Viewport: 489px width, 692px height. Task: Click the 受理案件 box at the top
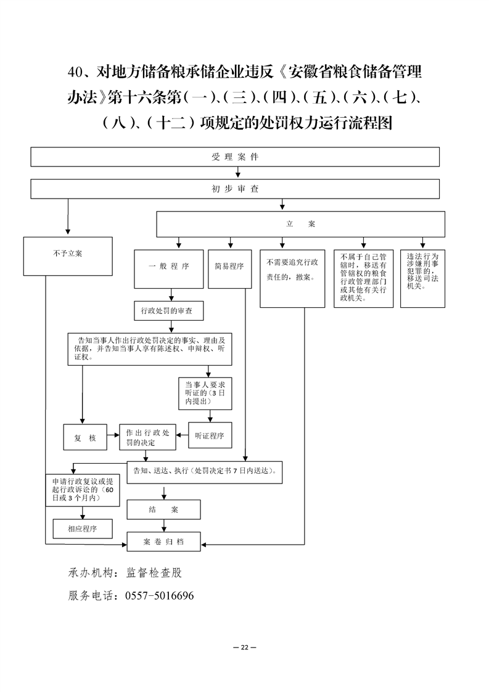(235, 157)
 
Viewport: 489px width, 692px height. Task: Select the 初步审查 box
(235, 189)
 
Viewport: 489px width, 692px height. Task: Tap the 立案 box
(300, 224)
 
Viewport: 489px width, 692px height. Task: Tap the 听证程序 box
(209, 436)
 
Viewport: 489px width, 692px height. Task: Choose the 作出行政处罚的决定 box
(147, 437)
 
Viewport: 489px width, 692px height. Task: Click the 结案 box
(163, 509)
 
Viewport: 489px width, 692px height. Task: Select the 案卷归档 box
(163, 542)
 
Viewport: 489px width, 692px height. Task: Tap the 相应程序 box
(82, 529)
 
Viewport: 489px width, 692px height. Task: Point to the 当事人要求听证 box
(205, 392)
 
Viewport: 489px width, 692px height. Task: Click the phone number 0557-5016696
(160, 596)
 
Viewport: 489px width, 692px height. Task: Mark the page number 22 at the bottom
(244, 647)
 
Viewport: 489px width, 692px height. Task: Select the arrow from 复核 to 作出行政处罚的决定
(113, 437)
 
